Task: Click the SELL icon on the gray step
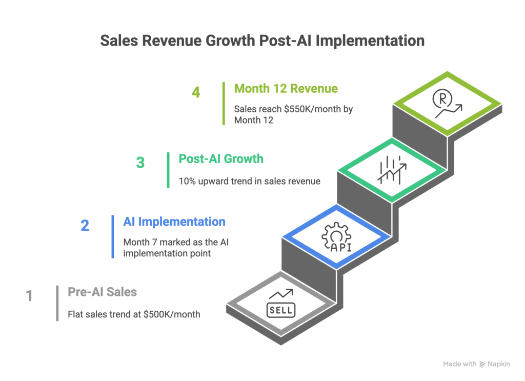click(x=280, y=304)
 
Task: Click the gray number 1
click(x=29, y=296)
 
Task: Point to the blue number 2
click(x=85, y=226)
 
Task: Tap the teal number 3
click(x=140, y=163)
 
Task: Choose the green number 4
click(x=195, y=93)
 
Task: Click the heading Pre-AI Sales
click(x=103, y=292)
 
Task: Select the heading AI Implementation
click(x=174, y=222)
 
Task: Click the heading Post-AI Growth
click(x=221, y=158)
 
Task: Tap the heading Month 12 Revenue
click(x=286, y=88)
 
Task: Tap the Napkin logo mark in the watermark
click(x=482, y=364)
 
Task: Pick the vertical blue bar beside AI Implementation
click(x=113, y=236)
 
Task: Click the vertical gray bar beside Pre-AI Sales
click(x=57, y=303)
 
